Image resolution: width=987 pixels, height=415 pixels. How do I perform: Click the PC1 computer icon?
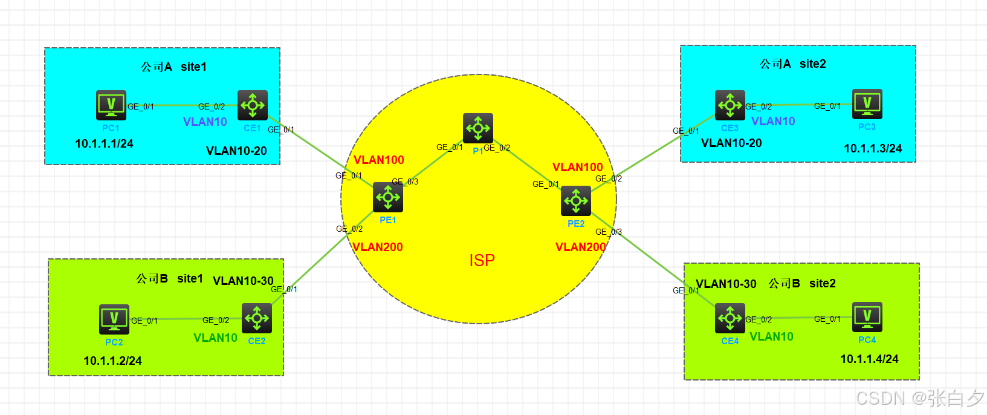point(111,105)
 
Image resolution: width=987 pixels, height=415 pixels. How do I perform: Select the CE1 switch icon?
point(253,105)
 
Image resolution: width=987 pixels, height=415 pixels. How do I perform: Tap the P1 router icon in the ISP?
point(478,128)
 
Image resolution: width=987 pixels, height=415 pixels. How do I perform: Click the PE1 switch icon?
point(388,197)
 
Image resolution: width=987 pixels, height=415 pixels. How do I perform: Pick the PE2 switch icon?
point(576,201)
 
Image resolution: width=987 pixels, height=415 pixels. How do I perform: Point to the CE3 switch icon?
point(730,105)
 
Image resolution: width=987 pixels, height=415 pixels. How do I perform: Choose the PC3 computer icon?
point(867,104)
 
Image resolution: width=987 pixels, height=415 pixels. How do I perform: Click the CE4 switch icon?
point(730,318)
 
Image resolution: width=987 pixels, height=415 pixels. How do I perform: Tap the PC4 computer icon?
point(867,317)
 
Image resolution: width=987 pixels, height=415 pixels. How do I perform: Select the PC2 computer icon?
point(114,319)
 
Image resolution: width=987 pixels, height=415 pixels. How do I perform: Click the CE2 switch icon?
point(257,318)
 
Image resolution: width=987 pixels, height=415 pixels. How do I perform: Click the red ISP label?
point(482,260)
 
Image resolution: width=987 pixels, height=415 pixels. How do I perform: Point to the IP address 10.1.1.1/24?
point(104,144)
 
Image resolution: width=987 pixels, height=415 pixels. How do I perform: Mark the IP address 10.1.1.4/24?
point(869,359)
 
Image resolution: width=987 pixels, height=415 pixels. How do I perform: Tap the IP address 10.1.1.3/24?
point(873,149)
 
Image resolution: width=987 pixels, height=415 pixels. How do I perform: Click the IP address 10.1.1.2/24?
point(112,361)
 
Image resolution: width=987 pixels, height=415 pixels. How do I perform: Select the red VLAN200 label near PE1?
point(378,247)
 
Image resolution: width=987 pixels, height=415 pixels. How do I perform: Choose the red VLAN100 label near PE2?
point(578,168)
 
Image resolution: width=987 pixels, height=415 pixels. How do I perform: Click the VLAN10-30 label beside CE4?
point(726,284)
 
